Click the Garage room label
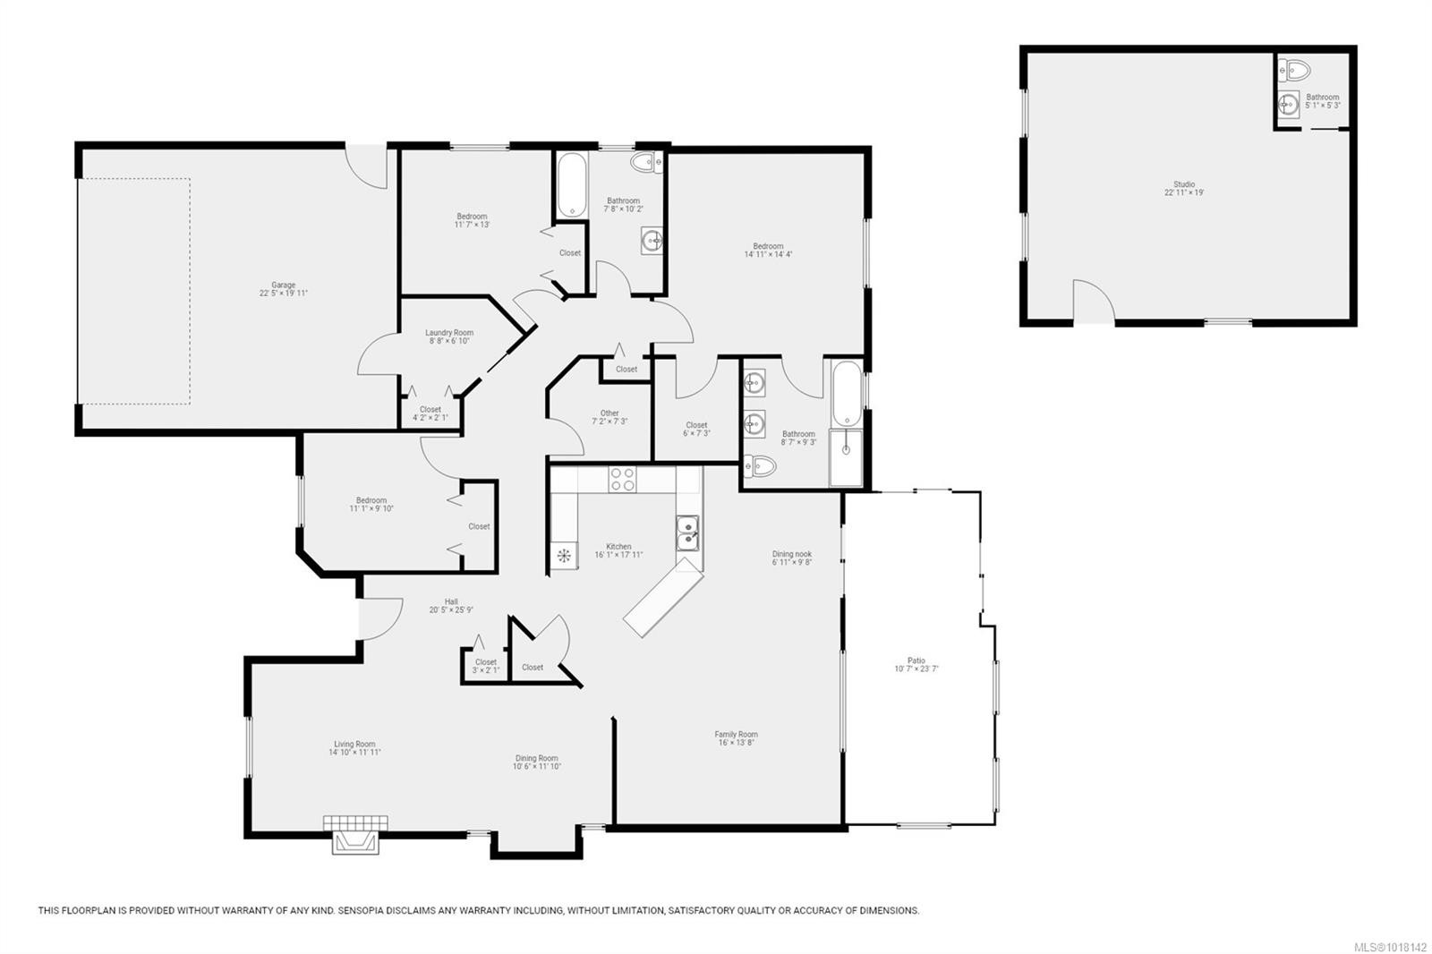[283, 285]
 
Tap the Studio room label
[1183, 184]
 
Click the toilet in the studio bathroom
[1294, 70]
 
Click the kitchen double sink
[687, 533]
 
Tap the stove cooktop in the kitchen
[622, 480]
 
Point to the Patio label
[916, 661]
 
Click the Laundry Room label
[449, 333]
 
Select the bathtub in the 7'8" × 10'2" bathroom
[571, 186]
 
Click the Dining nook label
[792, 554]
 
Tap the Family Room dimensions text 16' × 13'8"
[736, 742]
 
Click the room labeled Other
[609, 413]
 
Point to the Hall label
[451, 601]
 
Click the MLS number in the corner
[1389, 945]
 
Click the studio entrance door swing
[1094, 302]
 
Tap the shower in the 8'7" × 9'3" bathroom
[846, 457]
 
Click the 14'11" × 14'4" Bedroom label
[768, 246]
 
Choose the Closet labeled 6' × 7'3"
[696, 425]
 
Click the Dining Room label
[536, 758]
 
